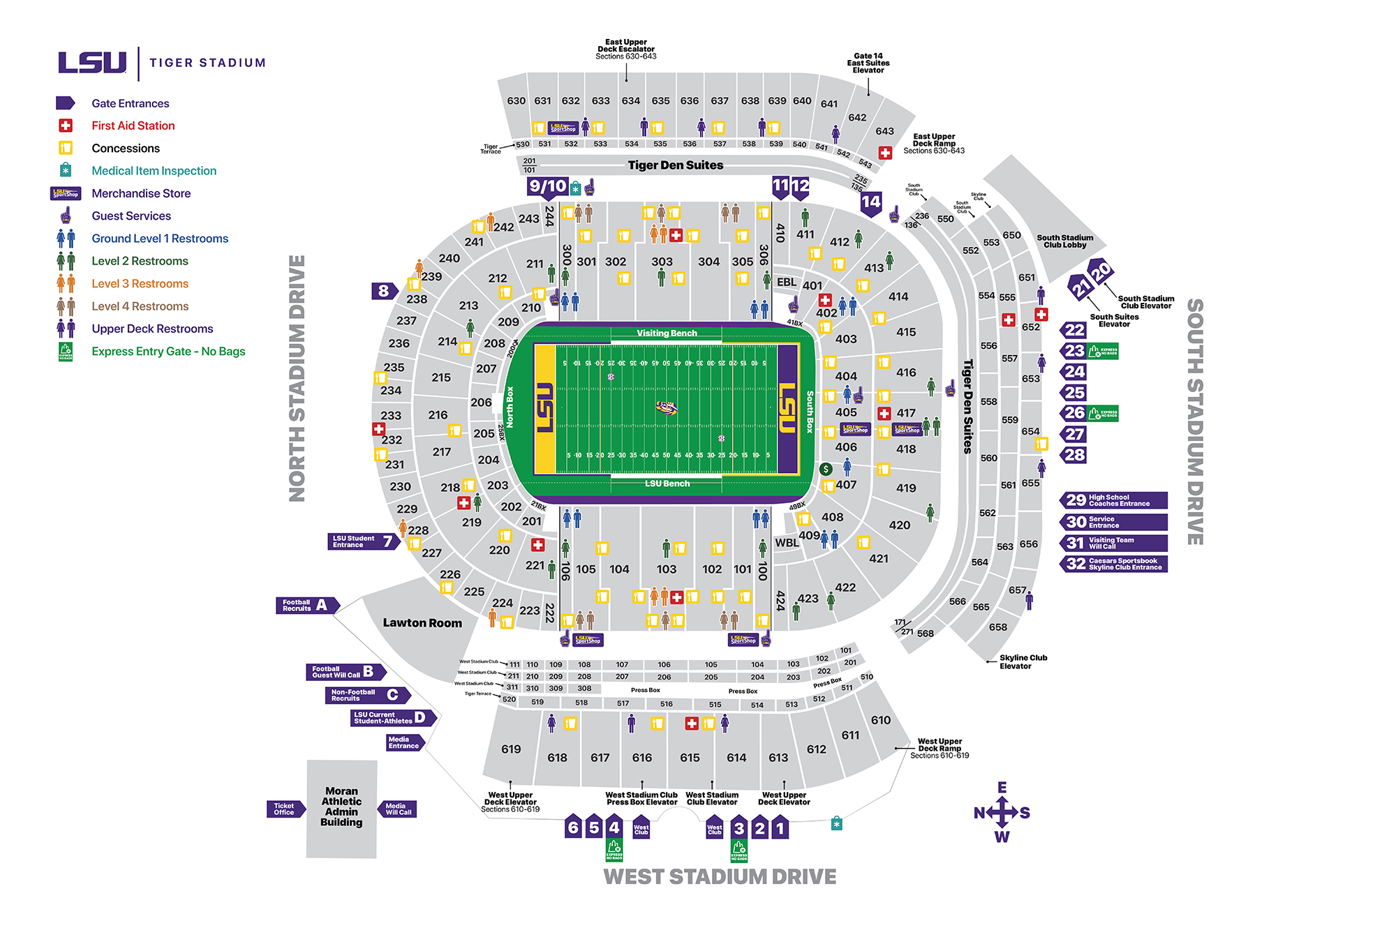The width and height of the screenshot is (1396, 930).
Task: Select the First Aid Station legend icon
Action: tap(66, 126)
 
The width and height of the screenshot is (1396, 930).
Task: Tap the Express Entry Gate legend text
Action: tap(168, 352)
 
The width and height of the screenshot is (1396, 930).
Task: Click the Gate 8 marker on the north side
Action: tap(384, 291)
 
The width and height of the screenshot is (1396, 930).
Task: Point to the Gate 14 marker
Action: tap(870, 202)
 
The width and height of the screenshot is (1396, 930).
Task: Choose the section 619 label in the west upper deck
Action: tap(511, 749)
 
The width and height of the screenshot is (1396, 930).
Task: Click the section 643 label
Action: tap(884, 131)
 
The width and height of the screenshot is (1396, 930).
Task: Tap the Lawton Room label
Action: tap(422, 623)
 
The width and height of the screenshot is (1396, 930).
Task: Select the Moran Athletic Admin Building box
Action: tap(341, 807)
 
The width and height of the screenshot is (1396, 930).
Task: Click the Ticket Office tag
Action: tap(284, 809)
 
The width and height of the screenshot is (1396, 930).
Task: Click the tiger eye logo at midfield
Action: tap(667, 407)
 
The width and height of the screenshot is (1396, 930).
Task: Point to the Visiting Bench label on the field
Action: tap(667, 333)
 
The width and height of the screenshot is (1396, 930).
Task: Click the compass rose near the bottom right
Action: tap(1002, 813)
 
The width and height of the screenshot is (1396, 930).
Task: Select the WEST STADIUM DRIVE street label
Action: tap(720, 877)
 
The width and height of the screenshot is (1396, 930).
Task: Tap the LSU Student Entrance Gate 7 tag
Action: tap(363, 541)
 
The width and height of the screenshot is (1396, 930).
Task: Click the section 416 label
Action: tap(906, 373)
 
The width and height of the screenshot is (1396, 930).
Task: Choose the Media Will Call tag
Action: tap(399, 809)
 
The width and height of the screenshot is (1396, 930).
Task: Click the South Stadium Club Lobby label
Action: tap(1064, 241)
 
